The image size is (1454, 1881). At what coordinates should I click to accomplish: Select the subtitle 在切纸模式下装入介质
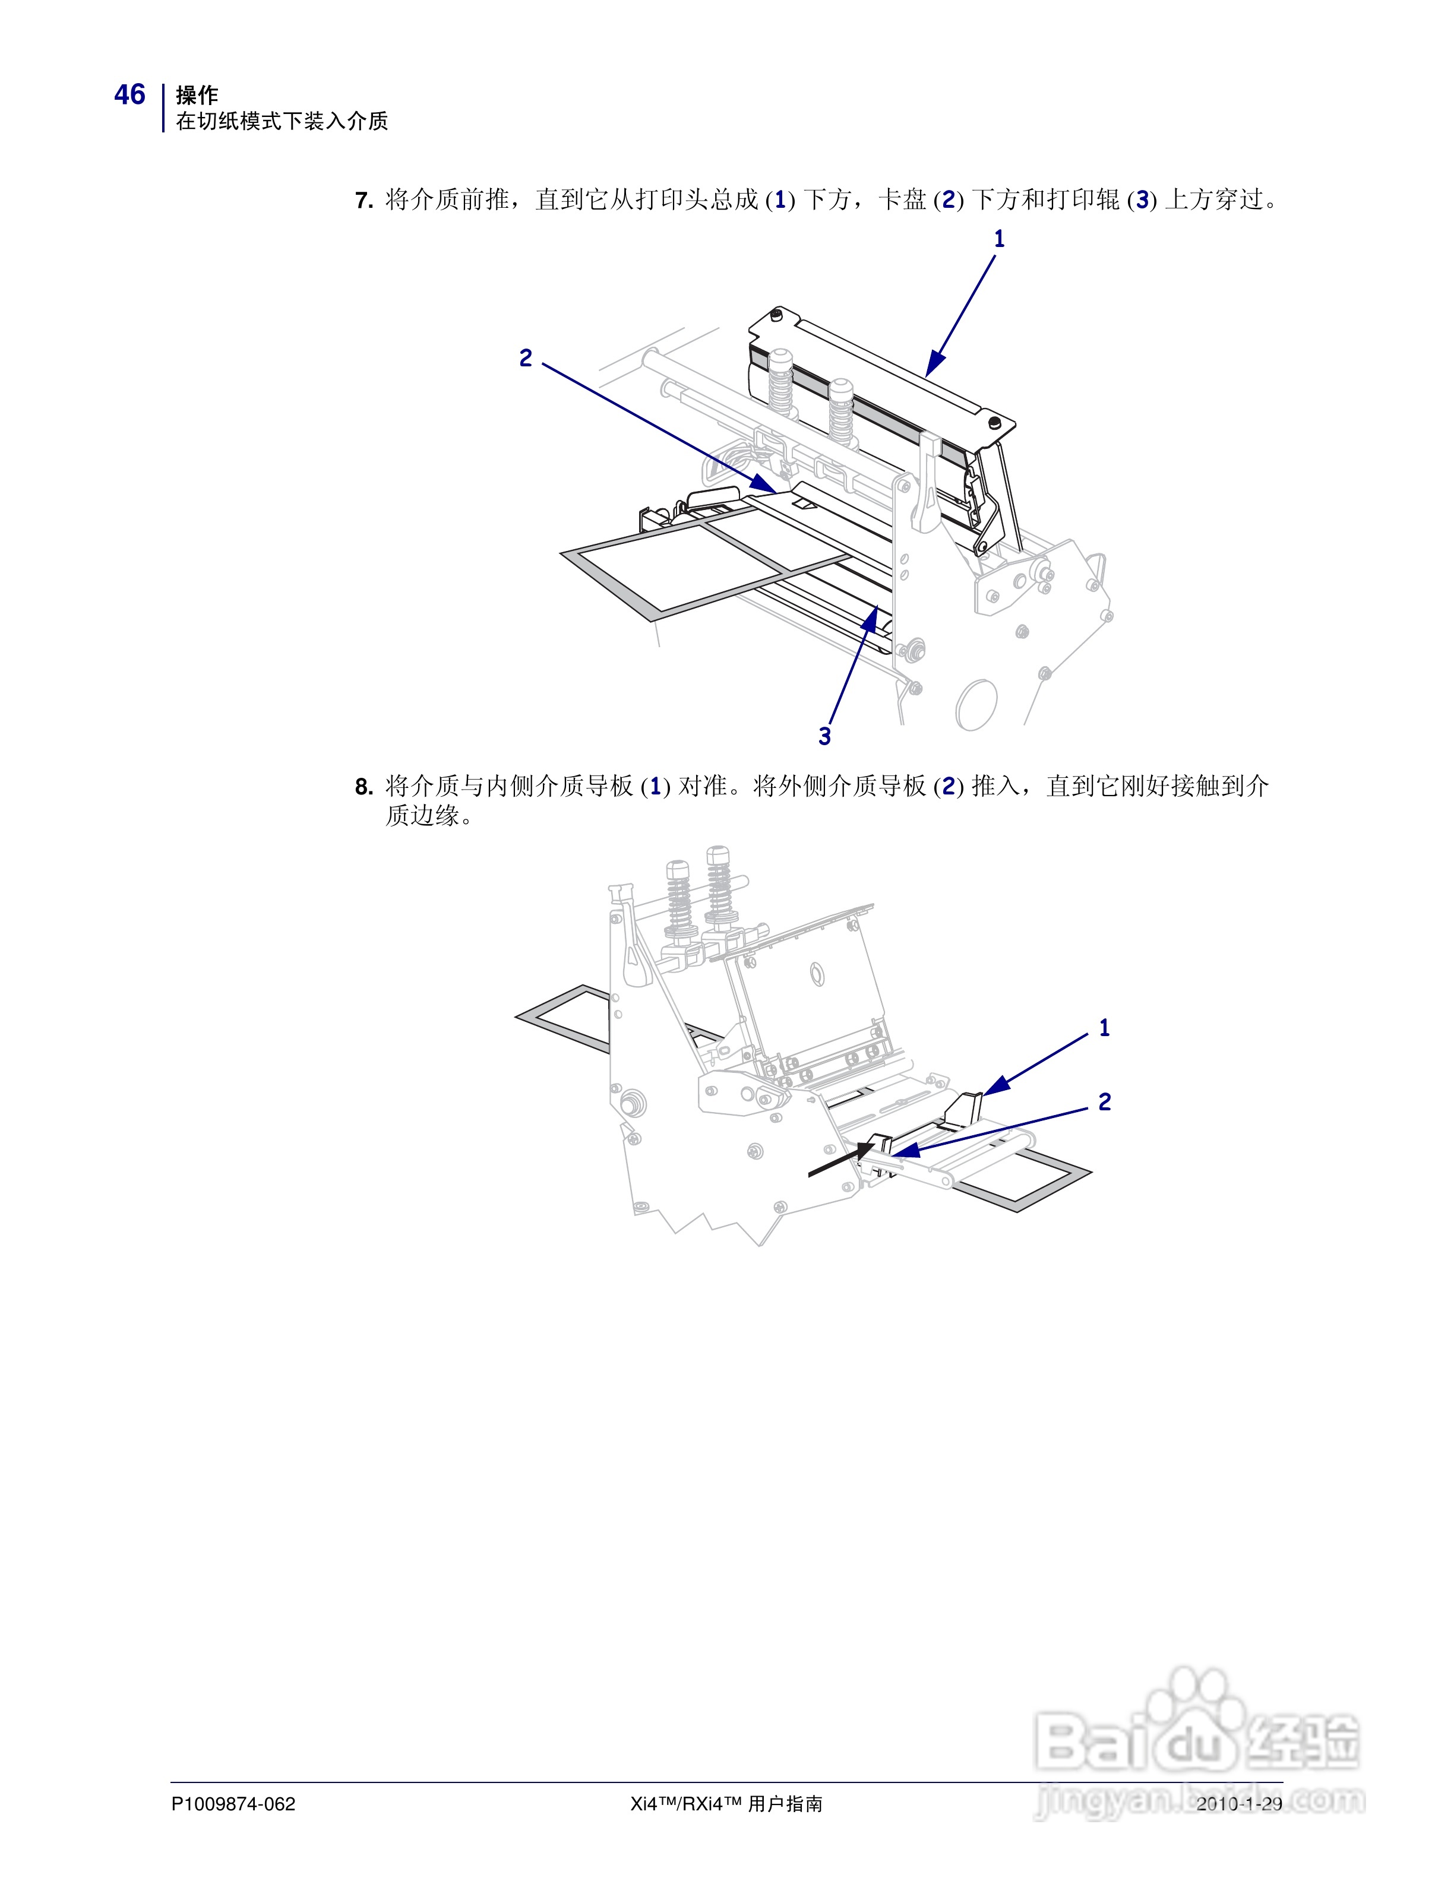point(282,122)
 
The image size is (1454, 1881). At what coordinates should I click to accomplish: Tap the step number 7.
point(363,201)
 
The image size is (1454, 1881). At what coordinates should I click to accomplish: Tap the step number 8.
point(363,786)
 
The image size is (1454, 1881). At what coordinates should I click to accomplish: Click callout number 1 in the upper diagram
point(999,239)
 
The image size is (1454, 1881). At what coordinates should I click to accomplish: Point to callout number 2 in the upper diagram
point(526,357)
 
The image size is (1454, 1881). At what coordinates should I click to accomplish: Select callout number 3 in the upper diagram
point(824,736)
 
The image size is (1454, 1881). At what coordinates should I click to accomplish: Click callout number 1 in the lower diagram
point(1104,1028)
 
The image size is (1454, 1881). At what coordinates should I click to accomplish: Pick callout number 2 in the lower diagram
point(1104,1101)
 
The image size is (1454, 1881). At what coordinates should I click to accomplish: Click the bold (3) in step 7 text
point(1142,201)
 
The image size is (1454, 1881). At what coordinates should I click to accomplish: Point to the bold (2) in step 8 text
point(949,786)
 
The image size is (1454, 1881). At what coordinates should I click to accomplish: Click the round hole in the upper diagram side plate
point(977,705)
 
